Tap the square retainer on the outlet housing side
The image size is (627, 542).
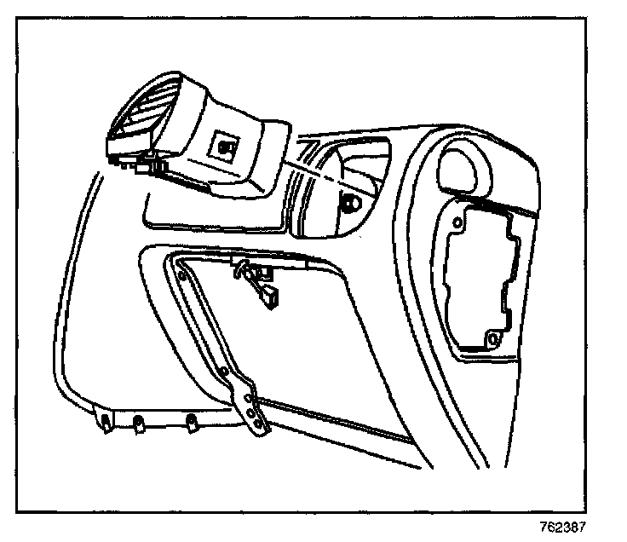(x=225, y=146)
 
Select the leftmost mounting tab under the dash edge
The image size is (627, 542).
(x=105, y=421)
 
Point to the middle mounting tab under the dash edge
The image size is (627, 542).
(x=139, y=420)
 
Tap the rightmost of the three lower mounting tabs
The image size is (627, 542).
(x=193, y=419)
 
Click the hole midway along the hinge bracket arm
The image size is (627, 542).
(x=222, y=372)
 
